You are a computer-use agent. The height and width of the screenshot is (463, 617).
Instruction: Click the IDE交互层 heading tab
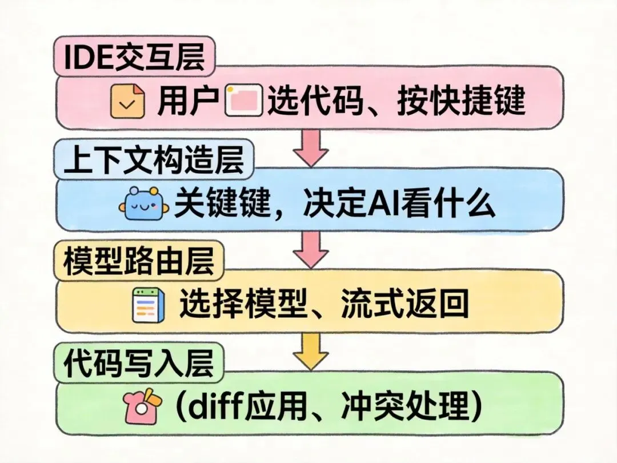tap(134, 57)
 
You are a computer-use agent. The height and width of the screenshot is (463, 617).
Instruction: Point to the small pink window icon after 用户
tap(244, 102)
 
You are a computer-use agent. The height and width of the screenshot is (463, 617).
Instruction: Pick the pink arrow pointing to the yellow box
tap(310, 249)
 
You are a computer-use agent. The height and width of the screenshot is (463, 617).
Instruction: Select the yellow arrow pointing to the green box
tap(310, 351)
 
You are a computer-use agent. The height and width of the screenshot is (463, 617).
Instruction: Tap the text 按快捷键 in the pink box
tap(462, 102)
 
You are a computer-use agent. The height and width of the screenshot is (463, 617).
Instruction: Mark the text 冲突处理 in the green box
tap(422, 407)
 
